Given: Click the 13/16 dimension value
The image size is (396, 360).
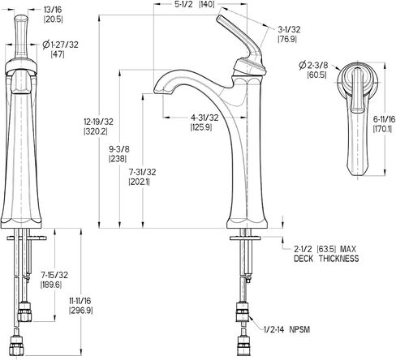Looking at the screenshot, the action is [53, 10].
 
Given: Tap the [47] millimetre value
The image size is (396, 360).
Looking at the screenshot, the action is [58, 54].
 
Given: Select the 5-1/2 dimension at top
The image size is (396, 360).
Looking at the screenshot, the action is [183, 4].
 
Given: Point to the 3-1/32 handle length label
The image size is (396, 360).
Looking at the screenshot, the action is [289, 29].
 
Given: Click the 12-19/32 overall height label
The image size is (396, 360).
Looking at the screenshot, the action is [98, 122].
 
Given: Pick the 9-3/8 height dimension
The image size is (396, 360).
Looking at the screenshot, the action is [119, 149].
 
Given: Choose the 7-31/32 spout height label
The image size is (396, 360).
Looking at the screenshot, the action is [142, 172].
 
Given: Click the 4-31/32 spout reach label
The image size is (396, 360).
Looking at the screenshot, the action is [204, 118].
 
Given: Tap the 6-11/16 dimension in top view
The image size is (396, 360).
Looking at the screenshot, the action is [384, 119].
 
